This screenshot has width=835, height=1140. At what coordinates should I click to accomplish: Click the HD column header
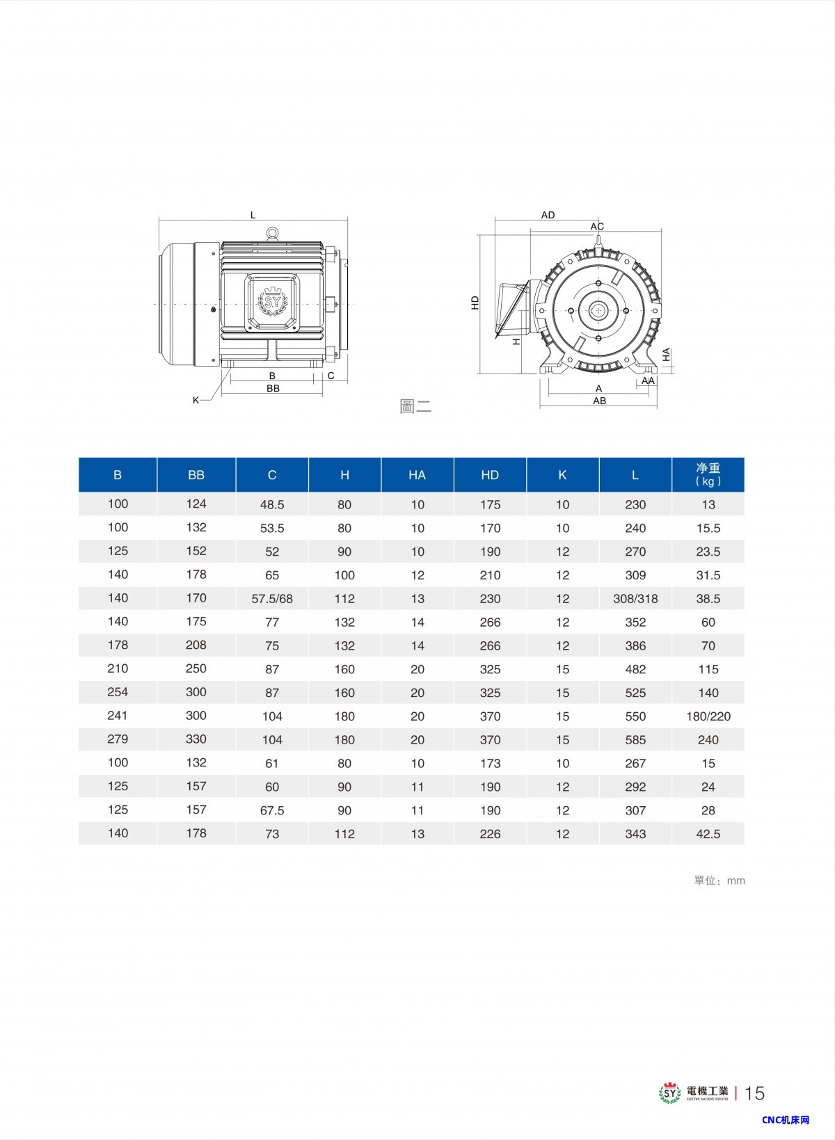tap(490, 475)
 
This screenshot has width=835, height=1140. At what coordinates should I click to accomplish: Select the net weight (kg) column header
tap(708, 474)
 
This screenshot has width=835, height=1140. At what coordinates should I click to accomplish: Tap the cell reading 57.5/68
tap(272, 598)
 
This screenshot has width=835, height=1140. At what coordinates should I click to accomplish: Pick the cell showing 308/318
tap(635, 598)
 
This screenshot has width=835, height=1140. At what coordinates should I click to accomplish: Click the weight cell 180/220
tap(708, 716)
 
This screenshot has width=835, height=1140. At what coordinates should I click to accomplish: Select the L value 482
tap(635, 669)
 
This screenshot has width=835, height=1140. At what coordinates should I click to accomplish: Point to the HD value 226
tap(490, 834)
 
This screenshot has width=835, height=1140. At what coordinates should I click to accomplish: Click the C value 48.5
tap(272, 504)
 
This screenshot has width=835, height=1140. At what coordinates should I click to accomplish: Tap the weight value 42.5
tap(708, 834)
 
